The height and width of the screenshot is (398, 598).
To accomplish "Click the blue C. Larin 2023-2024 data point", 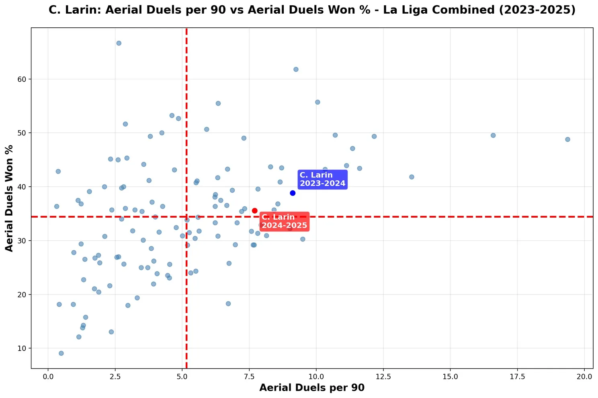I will click(x=293, y=193).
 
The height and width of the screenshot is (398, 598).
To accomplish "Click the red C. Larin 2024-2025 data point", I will click(x=254, y=210).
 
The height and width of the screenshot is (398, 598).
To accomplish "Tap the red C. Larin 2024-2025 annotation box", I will click(x=285, y=221).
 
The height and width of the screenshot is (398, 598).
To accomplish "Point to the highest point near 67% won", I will click(x=119, y=43).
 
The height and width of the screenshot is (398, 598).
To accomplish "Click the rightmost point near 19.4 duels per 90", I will click(x=567, y=139).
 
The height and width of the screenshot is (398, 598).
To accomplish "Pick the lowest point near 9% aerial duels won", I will click(x=61, y=353).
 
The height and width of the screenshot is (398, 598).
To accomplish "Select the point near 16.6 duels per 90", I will click(x=493, y=135).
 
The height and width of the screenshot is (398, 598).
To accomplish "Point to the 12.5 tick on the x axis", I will click(x=383, y=377).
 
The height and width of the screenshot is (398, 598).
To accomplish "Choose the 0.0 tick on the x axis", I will click(x=48, y=377).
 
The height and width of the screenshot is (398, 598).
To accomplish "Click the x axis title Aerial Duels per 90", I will click(x=312, y=388).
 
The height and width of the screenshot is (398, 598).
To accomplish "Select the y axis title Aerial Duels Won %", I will click(x=9, y=198).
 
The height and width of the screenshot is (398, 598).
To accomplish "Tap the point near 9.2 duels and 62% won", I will click(x=296, y=69).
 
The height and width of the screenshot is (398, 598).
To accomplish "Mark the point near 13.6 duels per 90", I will click(x=412, y=177).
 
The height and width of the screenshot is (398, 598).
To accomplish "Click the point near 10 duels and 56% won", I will click(x=317, y=102).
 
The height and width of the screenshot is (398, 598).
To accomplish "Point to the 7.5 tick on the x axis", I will click(x=249, y=377).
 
